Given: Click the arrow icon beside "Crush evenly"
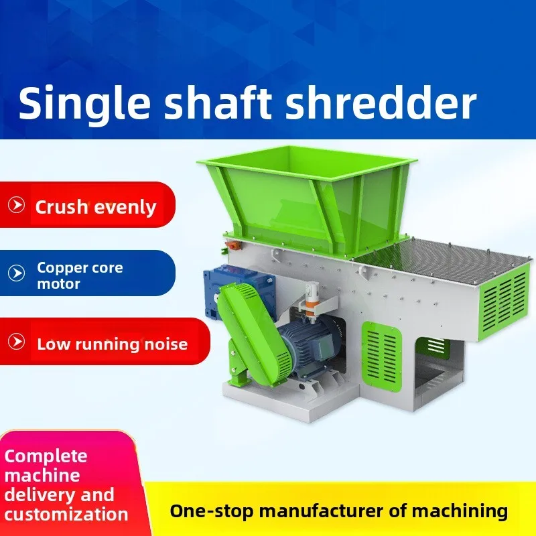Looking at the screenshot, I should coord(16,205).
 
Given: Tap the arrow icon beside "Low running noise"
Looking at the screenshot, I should coord(16,342).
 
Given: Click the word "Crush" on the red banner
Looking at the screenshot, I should coord(62,206).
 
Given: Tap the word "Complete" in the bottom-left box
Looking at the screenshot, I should coord(46,456).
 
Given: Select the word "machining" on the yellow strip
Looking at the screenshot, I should coord(458,511).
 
